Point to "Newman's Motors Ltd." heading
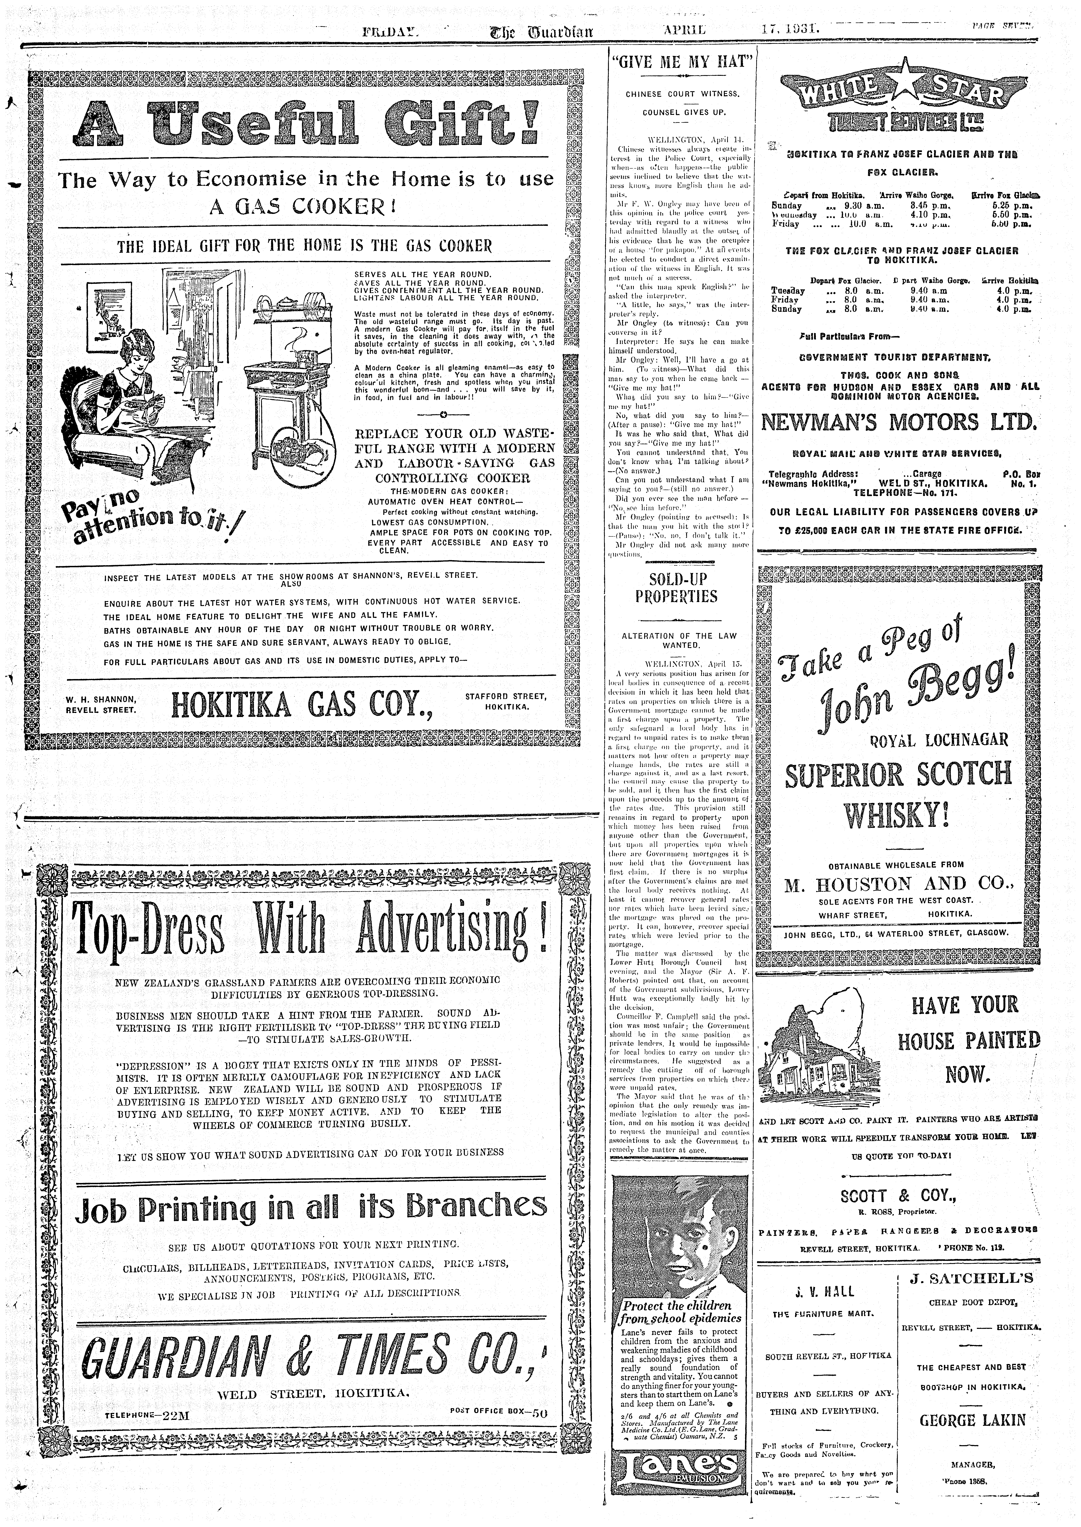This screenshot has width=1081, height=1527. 899,422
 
